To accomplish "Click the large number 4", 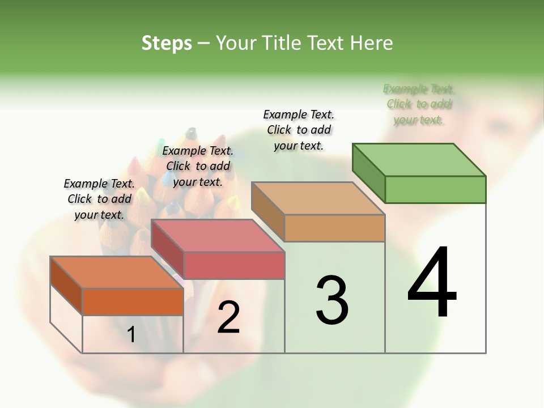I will pyautogui.click(x=432, y=283).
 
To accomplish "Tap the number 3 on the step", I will pyautogui.click(x=332, y=300).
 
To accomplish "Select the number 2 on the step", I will pyautogui.click(x=228, y=317).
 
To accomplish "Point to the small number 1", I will pyautogui.click(x=131, y=335).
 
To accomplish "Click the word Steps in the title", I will pyautogui.click(x=167, y=43).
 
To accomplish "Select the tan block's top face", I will pyautogui.click(x=318, y=198).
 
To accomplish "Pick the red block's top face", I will pyautogui.click(x=218, y=236).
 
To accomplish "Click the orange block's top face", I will pyautogui.click(x=117, y=273).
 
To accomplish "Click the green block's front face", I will pyautogui.click(x=435, y=189).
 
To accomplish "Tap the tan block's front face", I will pyautogui.click(x=334, y=228).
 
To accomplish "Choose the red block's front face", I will pyautogui.click(x=234, y=265).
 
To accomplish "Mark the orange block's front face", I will pyautogui.click(x=133, y=301).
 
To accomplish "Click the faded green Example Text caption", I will pyautogui.click(x=419, y=104).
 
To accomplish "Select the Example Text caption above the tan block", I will pyautogui.click(x=299, y=130).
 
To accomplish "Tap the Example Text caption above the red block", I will pyautogui.click(x=198, y=166).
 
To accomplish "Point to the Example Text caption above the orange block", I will pyautogui.click(x=99, y=199).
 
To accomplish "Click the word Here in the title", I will pyautogui.click(x=372, y=43).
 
